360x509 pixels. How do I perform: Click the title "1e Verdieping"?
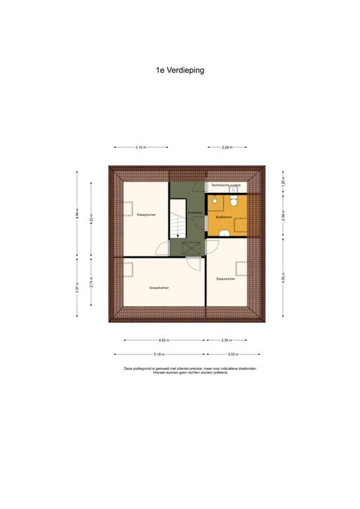tap(180, 69)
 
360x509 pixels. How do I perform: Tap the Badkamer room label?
tap(224, 217)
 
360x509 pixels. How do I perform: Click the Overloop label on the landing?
tap(195, 212)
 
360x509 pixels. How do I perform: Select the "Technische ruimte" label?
tap(227, 185)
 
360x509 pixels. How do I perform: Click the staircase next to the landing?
tap(177, 221)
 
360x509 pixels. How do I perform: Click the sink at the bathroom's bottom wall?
tap(225, 232)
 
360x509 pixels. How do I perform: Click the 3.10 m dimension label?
tap(141, 147)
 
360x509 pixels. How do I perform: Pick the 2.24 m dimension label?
tap(226, 147)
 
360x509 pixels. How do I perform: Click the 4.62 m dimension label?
tap(164, 340)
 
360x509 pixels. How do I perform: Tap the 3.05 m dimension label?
tap(233, 355)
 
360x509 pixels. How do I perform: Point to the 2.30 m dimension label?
tap(225, 340)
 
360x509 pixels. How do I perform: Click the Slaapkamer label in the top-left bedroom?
tap(146, 215)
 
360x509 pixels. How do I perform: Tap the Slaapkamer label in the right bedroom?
tap(225, 279)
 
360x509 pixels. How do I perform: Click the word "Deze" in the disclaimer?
tap(129, 368)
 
